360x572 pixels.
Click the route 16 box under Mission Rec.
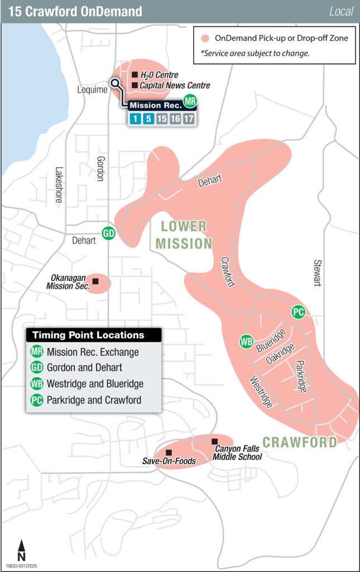[x=175, y=118]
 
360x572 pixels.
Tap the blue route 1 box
[x=135, y=118]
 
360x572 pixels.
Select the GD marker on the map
[x=108, y=233]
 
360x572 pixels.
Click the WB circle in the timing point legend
[x=37, y=384]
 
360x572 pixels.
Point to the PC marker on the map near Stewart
[x=298, y=312]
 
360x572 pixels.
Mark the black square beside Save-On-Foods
[x=169, y=452]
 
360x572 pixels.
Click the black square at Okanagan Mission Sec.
[x=95, y=281]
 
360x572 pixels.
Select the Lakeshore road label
[x=59, y=184]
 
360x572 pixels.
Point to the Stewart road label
[x=318, y=273]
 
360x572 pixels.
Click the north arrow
[x=21, y=550]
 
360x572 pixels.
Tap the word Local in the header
[x=341, y=11]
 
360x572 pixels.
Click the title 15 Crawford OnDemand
[x=75, y=11]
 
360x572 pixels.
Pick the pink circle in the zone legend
[x=205, y=39]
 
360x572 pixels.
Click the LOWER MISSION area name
[x=184, y=235]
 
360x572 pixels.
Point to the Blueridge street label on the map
[x=271, y=341]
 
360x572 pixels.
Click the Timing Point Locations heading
[x=88, y=335]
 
